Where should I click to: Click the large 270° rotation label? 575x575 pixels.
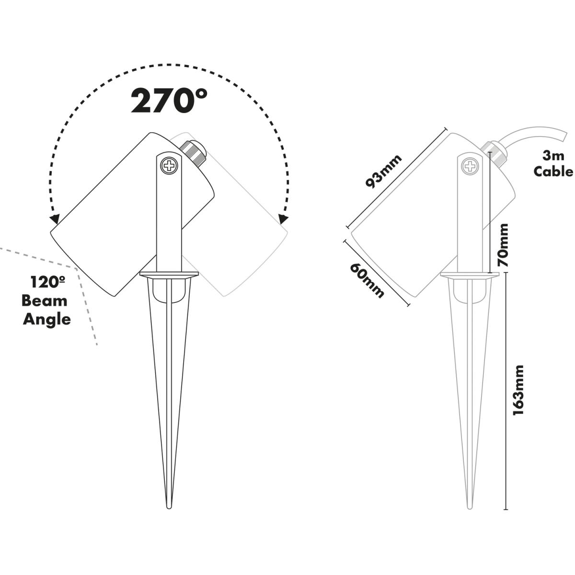coord(169,100)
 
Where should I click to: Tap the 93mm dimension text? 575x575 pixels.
coord(383,171)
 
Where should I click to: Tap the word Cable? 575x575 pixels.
coord(553,172)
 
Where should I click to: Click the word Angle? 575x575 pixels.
coord(47,320)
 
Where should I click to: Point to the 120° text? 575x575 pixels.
coord(47,282)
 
